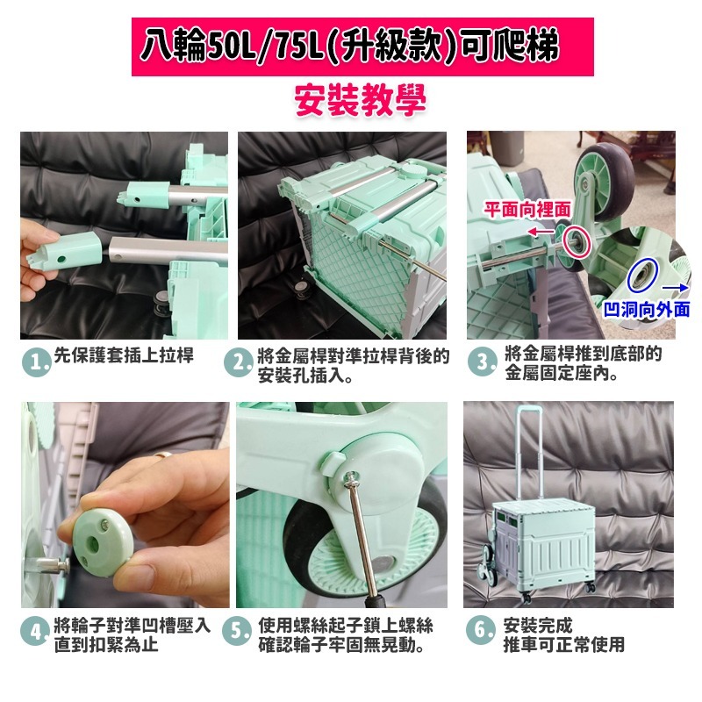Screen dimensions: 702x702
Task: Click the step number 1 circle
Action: [x=37, y=362]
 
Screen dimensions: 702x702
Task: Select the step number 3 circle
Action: [x=482, y=362]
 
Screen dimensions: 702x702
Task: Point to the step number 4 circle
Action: [x=35, y=631]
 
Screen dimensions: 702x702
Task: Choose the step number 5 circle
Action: [x=237, y=631]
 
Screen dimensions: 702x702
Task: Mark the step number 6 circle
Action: [x=480, y=630]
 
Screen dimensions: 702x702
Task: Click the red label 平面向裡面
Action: [x=527, y=210]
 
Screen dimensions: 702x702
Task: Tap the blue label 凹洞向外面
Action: [x=647, y=310]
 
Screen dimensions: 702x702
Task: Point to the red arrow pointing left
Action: [x=541, y=232]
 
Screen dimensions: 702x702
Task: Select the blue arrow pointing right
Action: [x=675, y=288]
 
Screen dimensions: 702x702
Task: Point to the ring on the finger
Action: [x=163, y=455]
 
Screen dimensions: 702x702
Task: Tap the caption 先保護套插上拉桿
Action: [x=124, y=355]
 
